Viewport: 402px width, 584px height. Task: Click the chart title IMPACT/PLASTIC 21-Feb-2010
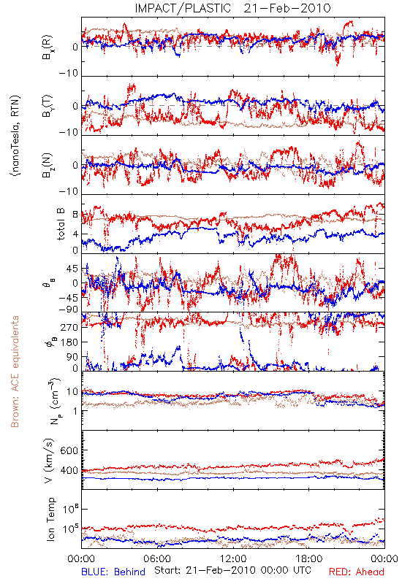pyautogui.click(x=232, y=8)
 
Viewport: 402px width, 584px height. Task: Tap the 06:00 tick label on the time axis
pyautogui.click(x=157, y=558)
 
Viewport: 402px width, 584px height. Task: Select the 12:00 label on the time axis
pyautogui.click(x=233, y=558)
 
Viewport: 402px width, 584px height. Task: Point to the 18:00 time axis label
pyautogui.click(x=309, y=558)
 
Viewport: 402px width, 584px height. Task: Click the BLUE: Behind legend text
pyautogui.click(x=113, y=572)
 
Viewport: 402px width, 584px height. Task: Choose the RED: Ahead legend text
pyautogui.click(x=357, y=572)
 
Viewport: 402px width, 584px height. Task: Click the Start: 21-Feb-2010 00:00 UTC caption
pyautogui.click(x=232, y=570)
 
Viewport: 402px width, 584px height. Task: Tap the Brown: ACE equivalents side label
pyautogui.click(x=15, y=372)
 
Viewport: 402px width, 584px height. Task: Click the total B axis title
pyautogui.click(x=61, y=224)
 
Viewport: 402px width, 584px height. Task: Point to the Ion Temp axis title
pyautogui.click(x=50, y=519)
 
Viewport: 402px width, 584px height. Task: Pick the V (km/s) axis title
pyautogui.click(x=49, y=461)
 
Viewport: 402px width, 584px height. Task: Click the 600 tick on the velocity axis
pyautogui.click(x=69, y=450)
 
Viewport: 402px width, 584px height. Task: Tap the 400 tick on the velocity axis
pyautogui.click(x=69, y=471)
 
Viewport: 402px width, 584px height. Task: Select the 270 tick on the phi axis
pyautogui.click(x=69, y=327)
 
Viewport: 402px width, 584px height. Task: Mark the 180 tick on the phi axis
pyautogui.click(x=69, y=342)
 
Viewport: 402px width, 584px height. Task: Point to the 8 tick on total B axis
pyautogui.click(x=75, y=214)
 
